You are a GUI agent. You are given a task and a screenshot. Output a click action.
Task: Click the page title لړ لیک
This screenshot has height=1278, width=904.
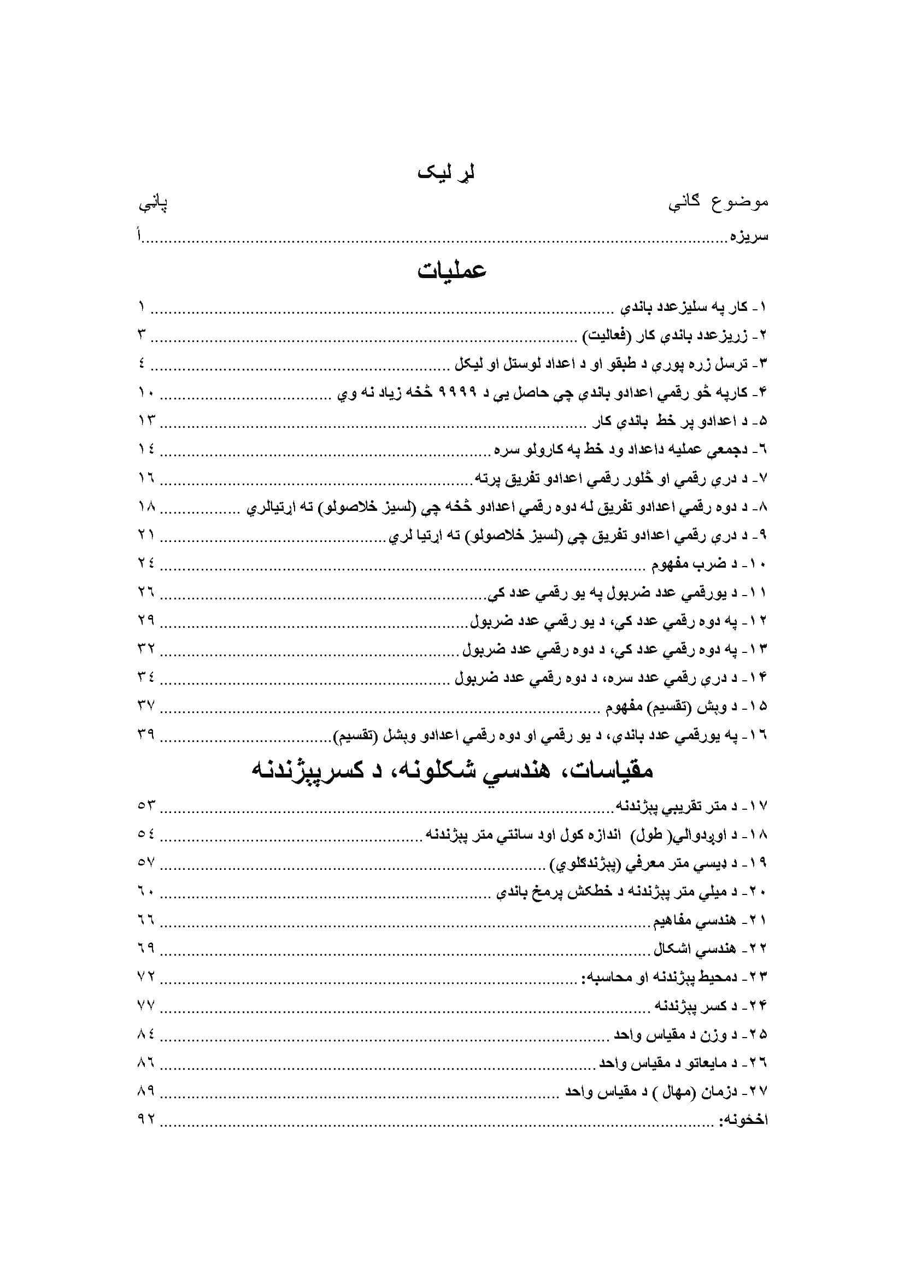pyautogui.click(x=446, y=173)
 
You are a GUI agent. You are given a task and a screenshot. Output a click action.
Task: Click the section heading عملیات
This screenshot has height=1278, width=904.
pyautogui.click(x=452, y=270)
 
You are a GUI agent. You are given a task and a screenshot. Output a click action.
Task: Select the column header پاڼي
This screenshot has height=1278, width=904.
pyautogui.click(x=153, y=204)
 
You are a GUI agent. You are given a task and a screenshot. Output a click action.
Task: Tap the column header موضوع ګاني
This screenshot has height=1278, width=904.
pyautogui.click(x=718, y=202)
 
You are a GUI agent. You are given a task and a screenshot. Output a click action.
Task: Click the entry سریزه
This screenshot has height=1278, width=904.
pyautogui.click(x=749, y=237)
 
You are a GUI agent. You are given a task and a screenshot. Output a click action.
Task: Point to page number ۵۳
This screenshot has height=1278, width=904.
pyautogui.click(x=146, y=805)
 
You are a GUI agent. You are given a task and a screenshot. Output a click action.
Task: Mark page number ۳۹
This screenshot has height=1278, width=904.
pyautogui.click(x=146, y=735)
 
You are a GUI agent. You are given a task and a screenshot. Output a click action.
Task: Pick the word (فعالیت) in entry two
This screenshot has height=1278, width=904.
pyautogui.click(x=607, y=335)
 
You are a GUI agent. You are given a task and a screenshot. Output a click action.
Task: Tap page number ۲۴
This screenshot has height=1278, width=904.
pyautogui.click(x=146, y=563)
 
